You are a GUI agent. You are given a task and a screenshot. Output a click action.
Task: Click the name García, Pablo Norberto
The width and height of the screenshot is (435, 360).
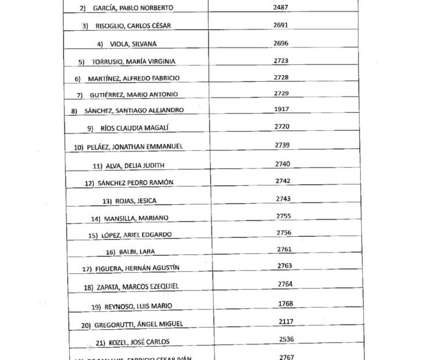[133, 8]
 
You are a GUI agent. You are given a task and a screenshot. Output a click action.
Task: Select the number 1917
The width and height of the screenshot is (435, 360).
[282, 109]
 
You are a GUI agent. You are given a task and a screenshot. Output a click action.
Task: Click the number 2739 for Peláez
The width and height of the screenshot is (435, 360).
[282, 145]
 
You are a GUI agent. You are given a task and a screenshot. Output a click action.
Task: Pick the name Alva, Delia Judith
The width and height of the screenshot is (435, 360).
[135, 165]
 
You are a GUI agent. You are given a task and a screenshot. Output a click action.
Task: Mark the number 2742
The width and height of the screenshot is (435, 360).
[283, 181]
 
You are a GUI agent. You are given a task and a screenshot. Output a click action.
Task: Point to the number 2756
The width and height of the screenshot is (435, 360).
[283, 232]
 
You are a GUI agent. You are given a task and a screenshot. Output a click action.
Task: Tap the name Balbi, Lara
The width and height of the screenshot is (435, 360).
[138, 251]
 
